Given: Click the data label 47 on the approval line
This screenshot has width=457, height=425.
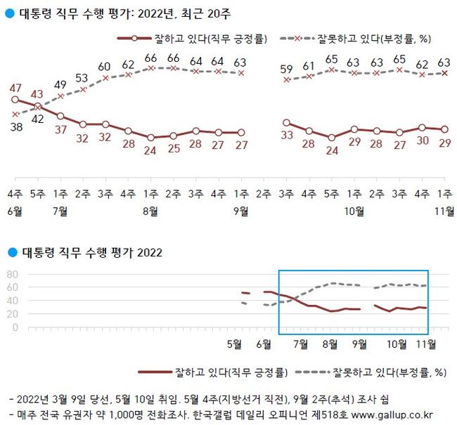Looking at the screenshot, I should [14, 89].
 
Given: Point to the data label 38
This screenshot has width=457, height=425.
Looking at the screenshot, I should [14, 126].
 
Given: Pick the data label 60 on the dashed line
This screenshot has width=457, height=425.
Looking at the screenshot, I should [105, 66].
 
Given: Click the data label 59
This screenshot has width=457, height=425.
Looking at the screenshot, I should [286, 69].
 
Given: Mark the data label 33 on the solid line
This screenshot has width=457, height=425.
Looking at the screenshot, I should [286, 136].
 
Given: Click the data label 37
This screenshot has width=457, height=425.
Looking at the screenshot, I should [60, 129].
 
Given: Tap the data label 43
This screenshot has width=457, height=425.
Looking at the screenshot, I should [37, 94].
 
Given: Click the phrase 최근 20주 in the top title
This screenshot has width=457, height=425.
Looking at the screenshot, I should [210, 13].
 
